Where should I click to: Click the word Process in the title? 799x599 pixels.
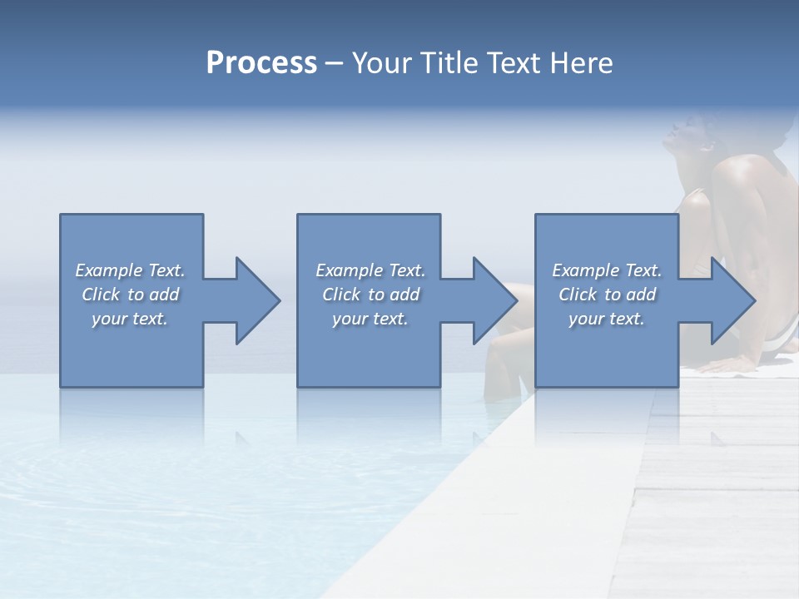261,63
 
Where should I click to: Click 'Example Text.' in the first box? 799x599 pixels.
130,270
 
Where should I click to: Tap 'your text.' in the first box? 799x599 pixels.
130,319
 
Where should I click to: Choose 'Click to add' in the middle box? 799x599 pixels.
370,295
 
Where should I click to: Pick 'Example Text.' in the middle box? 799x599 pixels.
370,270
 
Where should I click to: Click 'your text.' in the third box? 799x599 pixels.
607,319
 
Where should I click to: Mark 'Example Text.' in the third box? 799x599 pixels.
607,270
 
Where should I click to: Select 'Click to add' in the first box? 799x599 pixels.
130,295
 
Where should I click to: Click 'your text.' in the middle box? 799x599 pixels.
370,319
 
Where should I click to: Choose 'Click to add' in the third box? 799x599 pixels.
607,295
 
